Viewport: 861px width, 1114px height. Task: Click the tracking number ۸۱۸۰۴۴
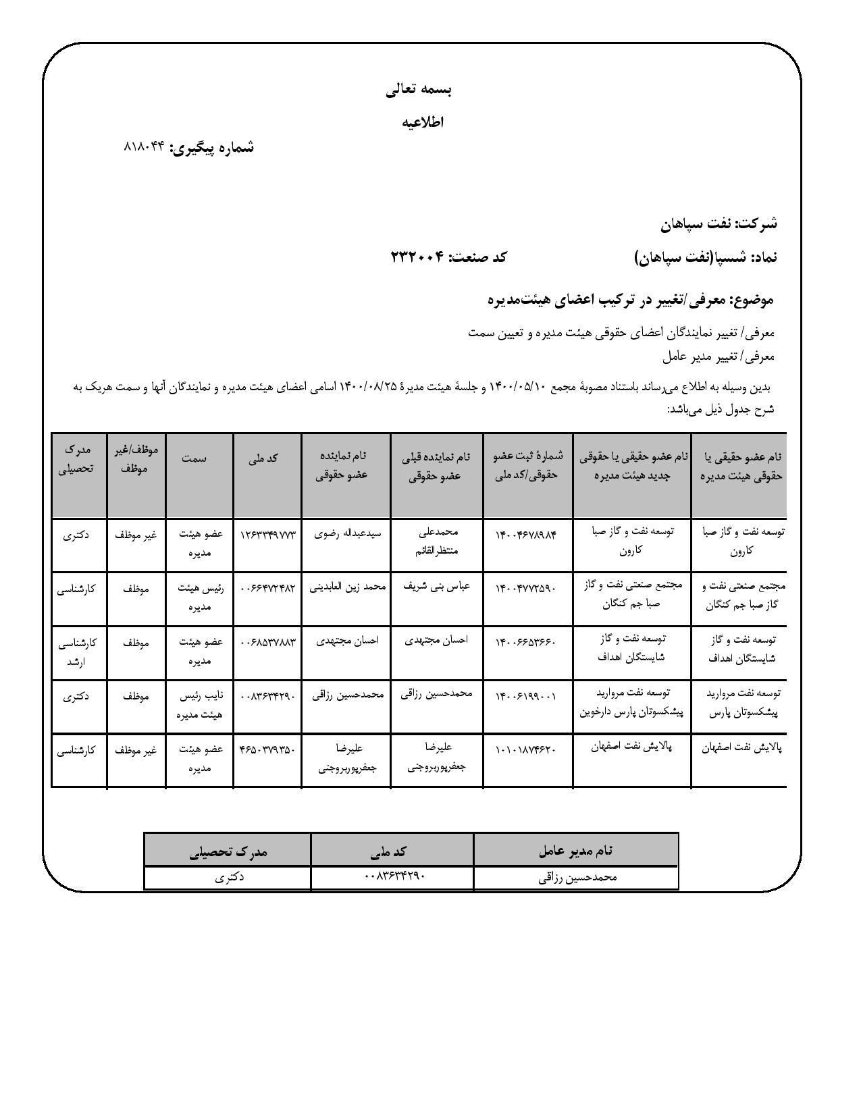click(145, 147)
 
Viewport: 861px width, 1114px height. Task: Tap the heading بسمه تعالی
click(419, 90)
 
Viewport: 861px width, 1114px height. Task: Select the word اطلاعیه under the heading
click(423, 122)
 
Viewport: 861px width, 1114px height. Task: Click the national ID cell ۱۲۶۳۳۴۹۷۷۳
click(267, 535)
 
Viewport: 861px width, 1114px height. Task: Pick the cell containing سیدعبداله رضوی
click(348, 533)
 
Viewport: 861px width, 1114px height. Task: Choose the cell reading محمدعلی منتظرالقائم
click(438, 541)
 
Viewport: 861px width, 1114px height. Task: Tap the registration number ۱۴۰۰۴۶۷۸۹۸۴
click(526, 535)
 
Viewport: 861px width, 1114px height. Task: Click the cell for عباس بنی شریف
click(436, 587)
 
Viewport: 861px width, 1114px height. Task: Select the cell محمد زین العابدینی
click(347, 587)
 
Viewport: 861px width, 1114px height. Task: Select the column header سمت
click(194, 458)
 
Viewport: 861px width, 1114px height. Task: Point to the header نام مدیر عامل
click(576, 850)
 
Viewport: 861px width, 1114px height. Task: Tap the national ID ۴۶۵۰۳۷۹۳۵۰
click(267, 749)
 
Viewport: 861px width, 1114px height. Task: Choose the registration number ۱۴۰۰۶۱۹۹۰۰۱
click(526, 695)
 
